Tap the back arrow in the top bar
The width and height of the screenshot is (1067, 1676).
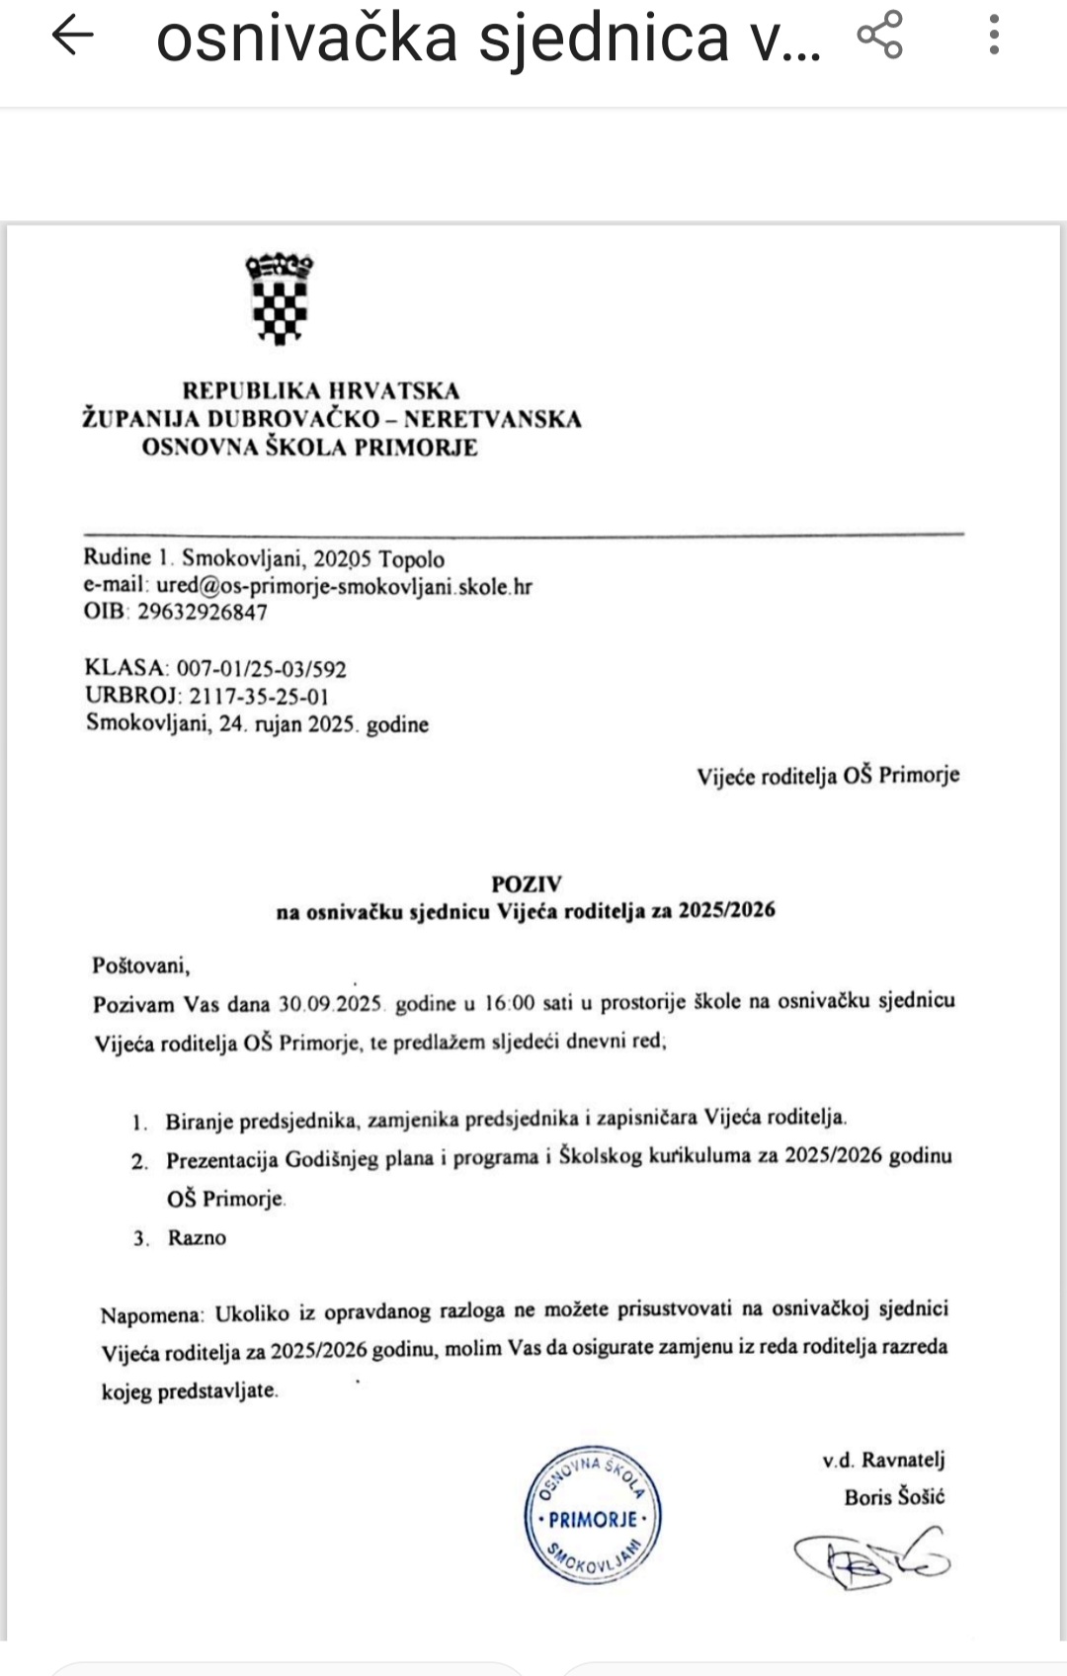click(x=72, y=37)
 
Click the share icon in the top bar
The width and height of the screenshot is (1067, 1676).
click(x=879, y=36)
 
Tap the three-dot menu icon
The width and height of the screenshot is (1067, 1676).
click(x=994, y=36)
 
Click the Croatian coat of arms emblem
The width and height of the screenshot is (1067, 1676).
click(x=280, y=299)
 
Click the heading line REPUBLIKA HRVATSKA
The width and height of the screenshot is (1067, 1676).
click(x=321, y=391)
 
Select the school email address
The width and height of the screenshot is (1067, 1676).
click(x=344, y=586)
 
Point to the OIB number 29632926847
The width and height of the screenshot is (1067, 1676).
click(x=202, y=612)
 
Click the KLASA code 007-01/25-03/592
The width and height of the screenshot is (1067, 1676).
click(x=262, y=669)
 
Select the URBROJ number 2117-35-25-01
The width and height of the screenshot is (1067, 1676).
click(x=259, y=696)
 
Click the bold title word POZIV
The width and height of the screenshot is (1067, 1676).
click(x=527, y=884)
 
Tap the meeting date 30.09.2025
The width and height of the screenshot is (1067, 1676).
click(x=330, y=1004)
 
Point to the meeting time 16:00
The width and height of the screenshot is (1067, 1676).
click(x=510, y=1003)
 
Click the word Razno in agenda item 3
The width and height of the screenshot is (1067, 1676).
click(x=197, y=1238)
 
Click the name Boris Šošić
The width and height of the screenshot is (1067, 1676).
click(x=894, y=1497)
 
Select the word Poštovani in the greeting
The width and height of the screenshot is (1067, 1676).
click(x=140, y=964)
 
